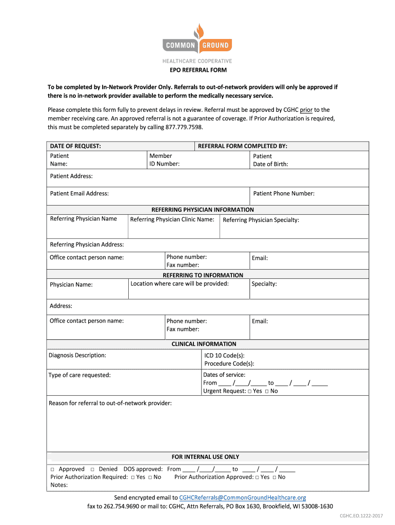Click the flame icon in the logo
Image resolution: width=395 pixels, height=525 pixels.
[x=197, y=32]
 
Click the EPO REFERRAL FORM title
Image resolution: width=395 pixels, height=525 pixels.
[x=198, y=70]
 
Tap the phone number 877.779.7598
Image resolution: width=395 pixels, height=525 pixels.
[x=184, y=127]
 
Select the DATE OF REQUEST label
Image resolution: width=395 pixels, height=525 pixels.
[x=75, y=146]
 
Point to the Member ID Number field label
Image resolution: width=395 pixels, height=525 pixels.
[x=164, y=160]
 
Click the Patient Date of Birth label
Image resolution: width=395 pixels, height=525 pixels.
[x=270, y=160]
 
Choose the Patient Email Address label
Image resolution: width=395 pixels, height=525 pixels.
[x=80, y=193]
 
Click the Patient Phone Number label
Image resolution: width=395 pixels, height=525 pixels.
[x=284, y=193]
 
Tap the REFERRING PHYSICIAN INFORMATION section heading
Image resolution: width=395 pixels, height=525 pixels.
[x=203, y=210]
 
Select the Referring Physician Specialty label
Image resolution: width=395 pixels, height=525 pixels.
[x=261, y=220]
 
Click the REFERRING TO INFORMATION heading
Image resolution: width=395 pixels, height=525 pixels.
[x=203, y=275]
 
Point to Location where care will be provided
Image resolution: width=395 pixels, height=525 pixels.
[x=180, y=284]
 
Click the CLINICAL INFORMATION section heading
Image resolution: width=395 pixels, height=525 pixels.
[x=204, y=344]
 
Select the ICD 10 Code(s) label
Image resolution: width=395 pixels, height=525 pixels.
[x=225, y=355]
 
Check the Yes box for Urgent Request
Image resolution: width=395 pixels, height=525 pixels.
[x=249, y=391]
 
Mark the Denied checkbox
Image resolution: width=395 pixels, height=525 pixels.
[x=92, y=469]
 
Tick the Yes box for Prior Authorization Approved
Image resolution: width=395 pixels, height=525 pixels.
[x=257, y=477]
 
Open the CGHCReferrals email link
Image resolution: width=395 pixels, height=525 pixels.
[x=243, y=497]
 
